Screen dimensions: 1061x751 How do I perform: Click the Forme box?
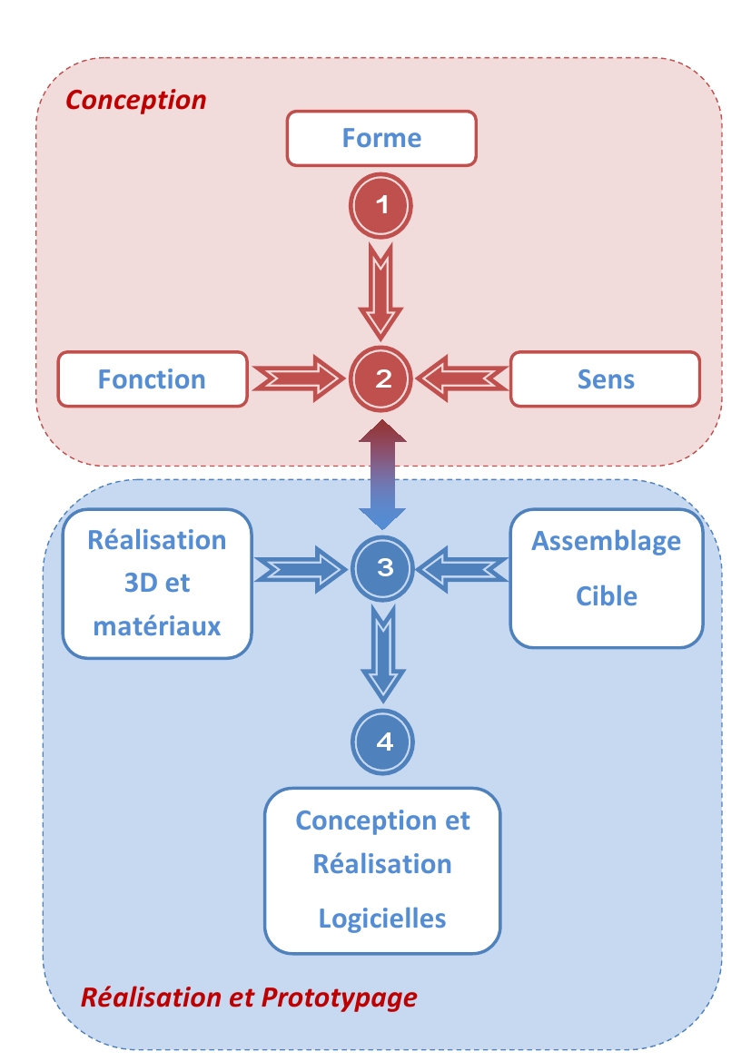pos(381,138)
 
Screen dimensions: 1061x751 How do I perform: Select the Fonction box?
pos(153,378)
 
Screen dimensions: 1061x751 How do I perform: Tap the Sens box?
pos(606,378)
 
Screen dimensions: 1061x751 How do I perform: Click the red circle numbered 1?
pos(382,204)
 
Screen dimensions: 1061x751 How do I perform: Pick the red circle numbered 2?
pos(382,378)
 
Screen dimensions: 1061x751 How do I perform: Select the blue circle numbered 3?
pos(383,568)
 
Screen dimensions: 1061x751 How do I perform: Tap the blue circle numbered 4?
pos(383,742)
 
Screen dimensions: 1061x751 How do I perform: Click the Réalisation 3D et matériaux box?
pos(156,582)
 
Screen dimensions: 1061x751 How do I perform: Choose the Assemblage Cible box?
pos(606,577)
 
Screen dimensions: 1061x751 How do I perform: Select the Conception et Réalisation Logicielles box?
pos(382,869)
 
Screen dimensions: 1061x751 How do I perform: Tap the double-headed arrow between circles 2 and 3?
pos(383,474)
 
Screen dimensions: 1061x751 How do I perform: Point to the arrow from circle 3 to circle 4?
pos(383,654)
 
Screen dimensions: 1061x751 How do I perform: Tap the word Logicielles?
pos(382,918)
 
